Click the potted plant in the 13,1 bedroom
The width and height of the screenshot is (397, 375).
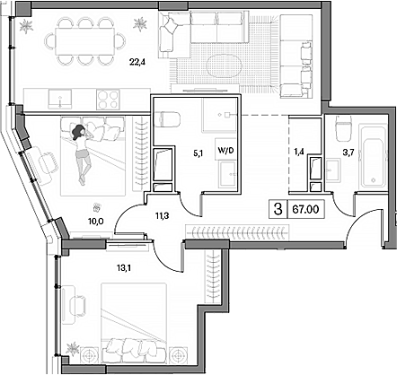point(74,350)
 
